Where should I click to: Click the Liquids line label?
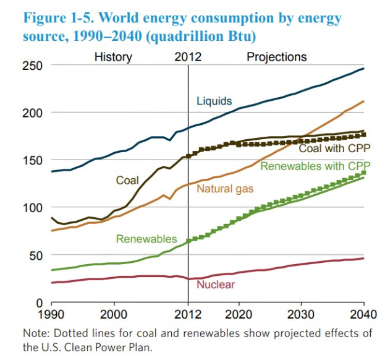tap(214, 100)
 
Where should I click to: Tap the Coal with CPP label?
tap(334, 148)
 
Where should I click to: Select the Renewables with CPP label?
tap(315, 166)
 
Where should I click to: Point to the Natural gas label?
tap(225, 187)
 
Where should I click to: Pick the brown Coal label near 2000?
tap(127, 180)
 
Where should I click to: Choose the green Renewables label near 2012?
tap(146, 239)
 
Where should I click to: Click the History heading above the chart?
tap(112, 57)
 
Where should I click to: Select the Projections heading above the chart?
tap(276, 57)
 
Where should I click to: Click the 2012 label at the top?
tap(188, 57)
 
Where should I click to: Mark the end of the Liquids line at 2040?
tap(363, 69)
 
